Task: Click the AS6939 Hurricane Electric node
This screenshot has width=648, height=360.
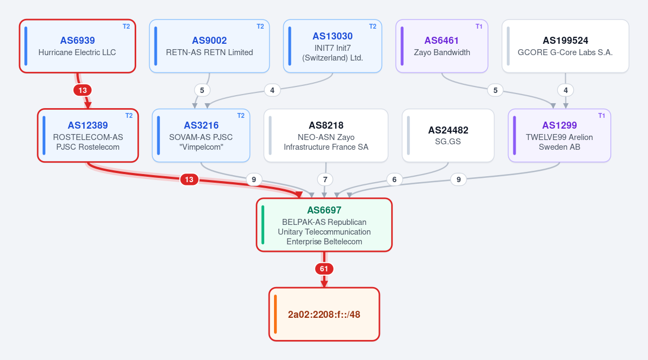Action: (x=77, y=46)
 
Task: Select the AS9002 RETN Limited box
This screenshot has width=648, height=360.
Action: (x=209, y=46)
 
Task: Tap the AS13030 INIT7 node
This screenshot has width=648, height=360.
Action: (x=332, y=46)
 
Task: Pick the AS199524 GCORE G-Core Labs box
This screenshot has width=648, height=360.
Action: (x=565, y=46)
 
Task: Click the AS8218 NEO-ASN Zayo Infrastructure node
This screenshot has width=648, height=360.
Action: (x=326, y=136)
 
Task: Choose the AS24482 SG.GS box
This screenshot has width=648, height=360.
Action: (x=448, y=136)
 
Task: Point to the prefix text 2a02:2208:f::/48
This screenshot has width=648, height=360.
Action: (x=324, y=315)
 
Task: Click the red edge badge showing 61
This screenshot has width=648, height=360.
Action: (x=324, y=269)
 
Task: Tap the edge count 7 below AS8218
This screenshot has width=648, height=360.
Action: (x=325, y=179)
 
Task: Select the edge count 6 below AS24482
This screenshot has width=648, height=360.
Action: (x=394, y=179)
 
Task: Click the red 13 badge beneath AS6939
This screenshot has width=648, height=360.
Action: (x=83, y=90)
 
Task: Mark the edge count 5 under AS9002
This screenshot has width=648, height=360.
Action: (x=202, y=90)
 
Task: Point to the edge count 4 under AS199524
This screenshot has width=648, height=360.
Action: (x=565, y=90)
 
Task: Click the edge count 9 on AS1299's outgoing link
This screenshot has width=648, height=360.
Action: (x=458, y=179)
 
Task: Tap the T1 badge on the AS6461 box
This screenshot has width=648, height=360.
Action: (x=479, y=26)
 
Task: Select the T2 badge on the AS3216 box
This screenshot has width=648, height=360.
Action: (x=241, y=116)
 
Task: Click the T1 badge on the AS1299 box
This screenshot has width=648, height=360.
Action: (x=602, y=116)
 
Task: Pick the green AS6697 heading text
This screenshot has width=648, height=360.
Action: (x=324, y=210)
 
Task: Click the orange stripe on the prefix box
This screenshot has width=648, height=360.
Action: (x=275, y=314)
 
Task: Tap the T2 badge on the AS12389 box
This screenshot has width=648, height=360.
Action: (x=129, y=116)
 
